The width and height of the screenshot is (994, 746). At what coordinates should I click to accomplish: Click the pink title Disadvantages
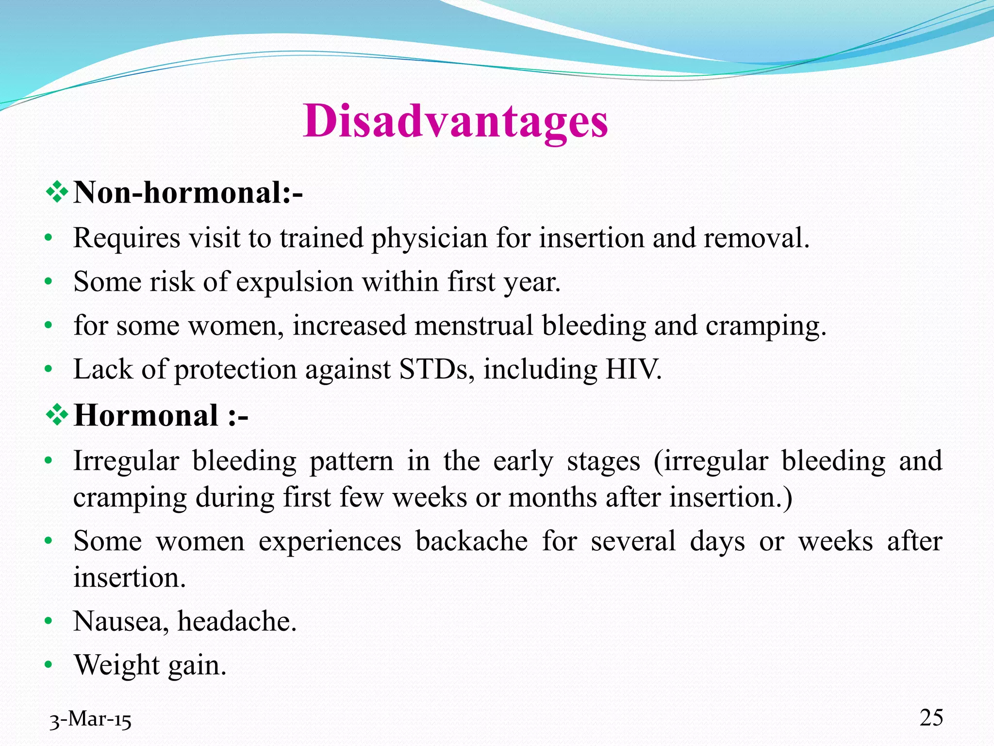[455, 121]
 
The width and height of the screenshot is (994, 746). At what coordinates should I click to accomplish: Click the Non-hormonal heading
[188, 193]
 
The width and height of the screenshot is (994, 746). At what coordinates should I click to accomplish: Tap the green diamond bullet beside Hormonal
[57, 415]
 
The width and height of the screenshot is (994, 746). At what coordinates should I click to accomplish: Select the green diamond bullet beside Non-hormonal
[57, 192]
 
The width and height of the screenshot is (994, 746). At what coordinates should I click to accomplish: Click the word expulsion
[295, 282]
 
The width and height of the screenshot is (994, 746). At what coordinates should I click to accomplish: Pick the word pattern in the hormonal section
[351, 461]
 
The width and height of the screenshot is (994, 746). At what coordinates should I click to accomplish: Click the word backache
[471, 541]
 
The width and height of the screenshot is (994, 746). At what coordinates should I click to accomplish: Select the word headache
[236, 621]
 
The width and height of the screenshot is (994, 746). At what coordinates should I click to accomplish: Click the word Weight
[116, 665]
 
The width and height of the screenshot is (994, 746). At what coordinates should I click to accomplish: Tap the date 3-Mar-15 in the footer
[91, 719]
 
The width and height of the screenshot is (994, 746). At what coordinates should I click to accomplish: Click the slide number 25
[931, 718]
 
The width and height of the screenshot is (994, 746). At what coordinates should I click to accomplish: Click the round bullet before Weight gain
[48, 665]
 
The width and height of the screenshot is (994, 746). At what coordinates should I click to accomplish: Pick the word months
[552, 498]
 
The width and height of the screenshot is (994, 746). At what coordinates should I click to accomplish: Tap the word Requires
[127, 238]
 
